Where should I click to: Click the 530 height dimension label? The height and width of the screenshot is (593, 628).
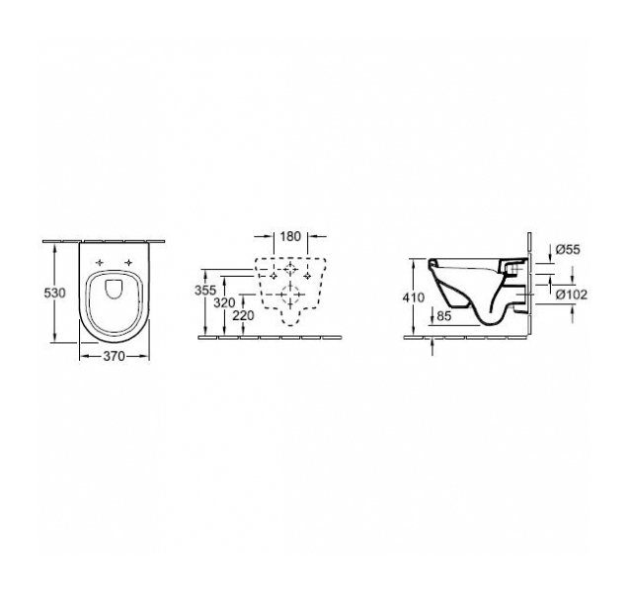coord(54,294)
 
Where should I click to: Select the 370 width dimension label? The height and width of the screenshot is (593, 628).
coord(115,356)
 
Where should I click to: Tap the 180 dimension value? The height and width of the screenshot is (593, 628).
coord(290,236)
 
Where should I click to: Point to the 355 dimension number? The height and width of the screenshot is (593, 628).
coord(205,290)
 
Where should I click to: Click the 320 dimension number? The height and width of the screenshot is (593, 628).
coord(224,303)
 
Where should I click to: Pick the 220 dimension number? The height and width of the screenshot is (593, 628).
coord(243,316)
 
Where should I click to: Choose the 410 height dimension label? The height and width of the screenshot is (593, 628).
coord(414,297)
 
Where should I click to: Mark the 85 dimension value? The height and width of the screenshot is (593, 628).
coord(443,316)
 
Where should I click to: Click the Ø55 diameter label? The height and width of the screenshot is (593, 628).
coord(568,249)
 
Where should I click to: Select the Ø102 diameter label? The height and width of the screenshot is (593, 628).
coord(571,295)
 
